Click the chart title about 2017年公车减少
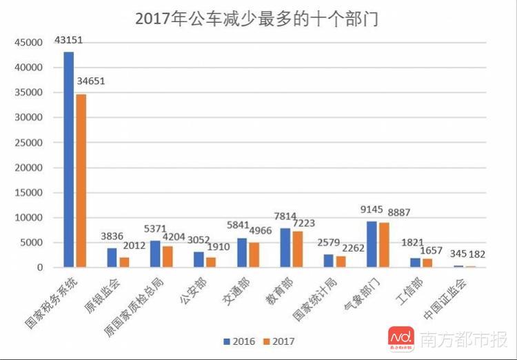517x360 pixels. pos(256,19)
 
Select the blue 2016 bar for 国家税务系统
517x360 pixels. pos(69,159)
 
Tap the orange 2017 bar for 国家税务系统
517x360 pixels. pos(81,180)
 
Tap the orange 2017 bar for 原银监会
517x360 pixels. pos(124,261)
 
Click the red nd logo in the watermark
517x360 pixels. pos(402,337)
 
